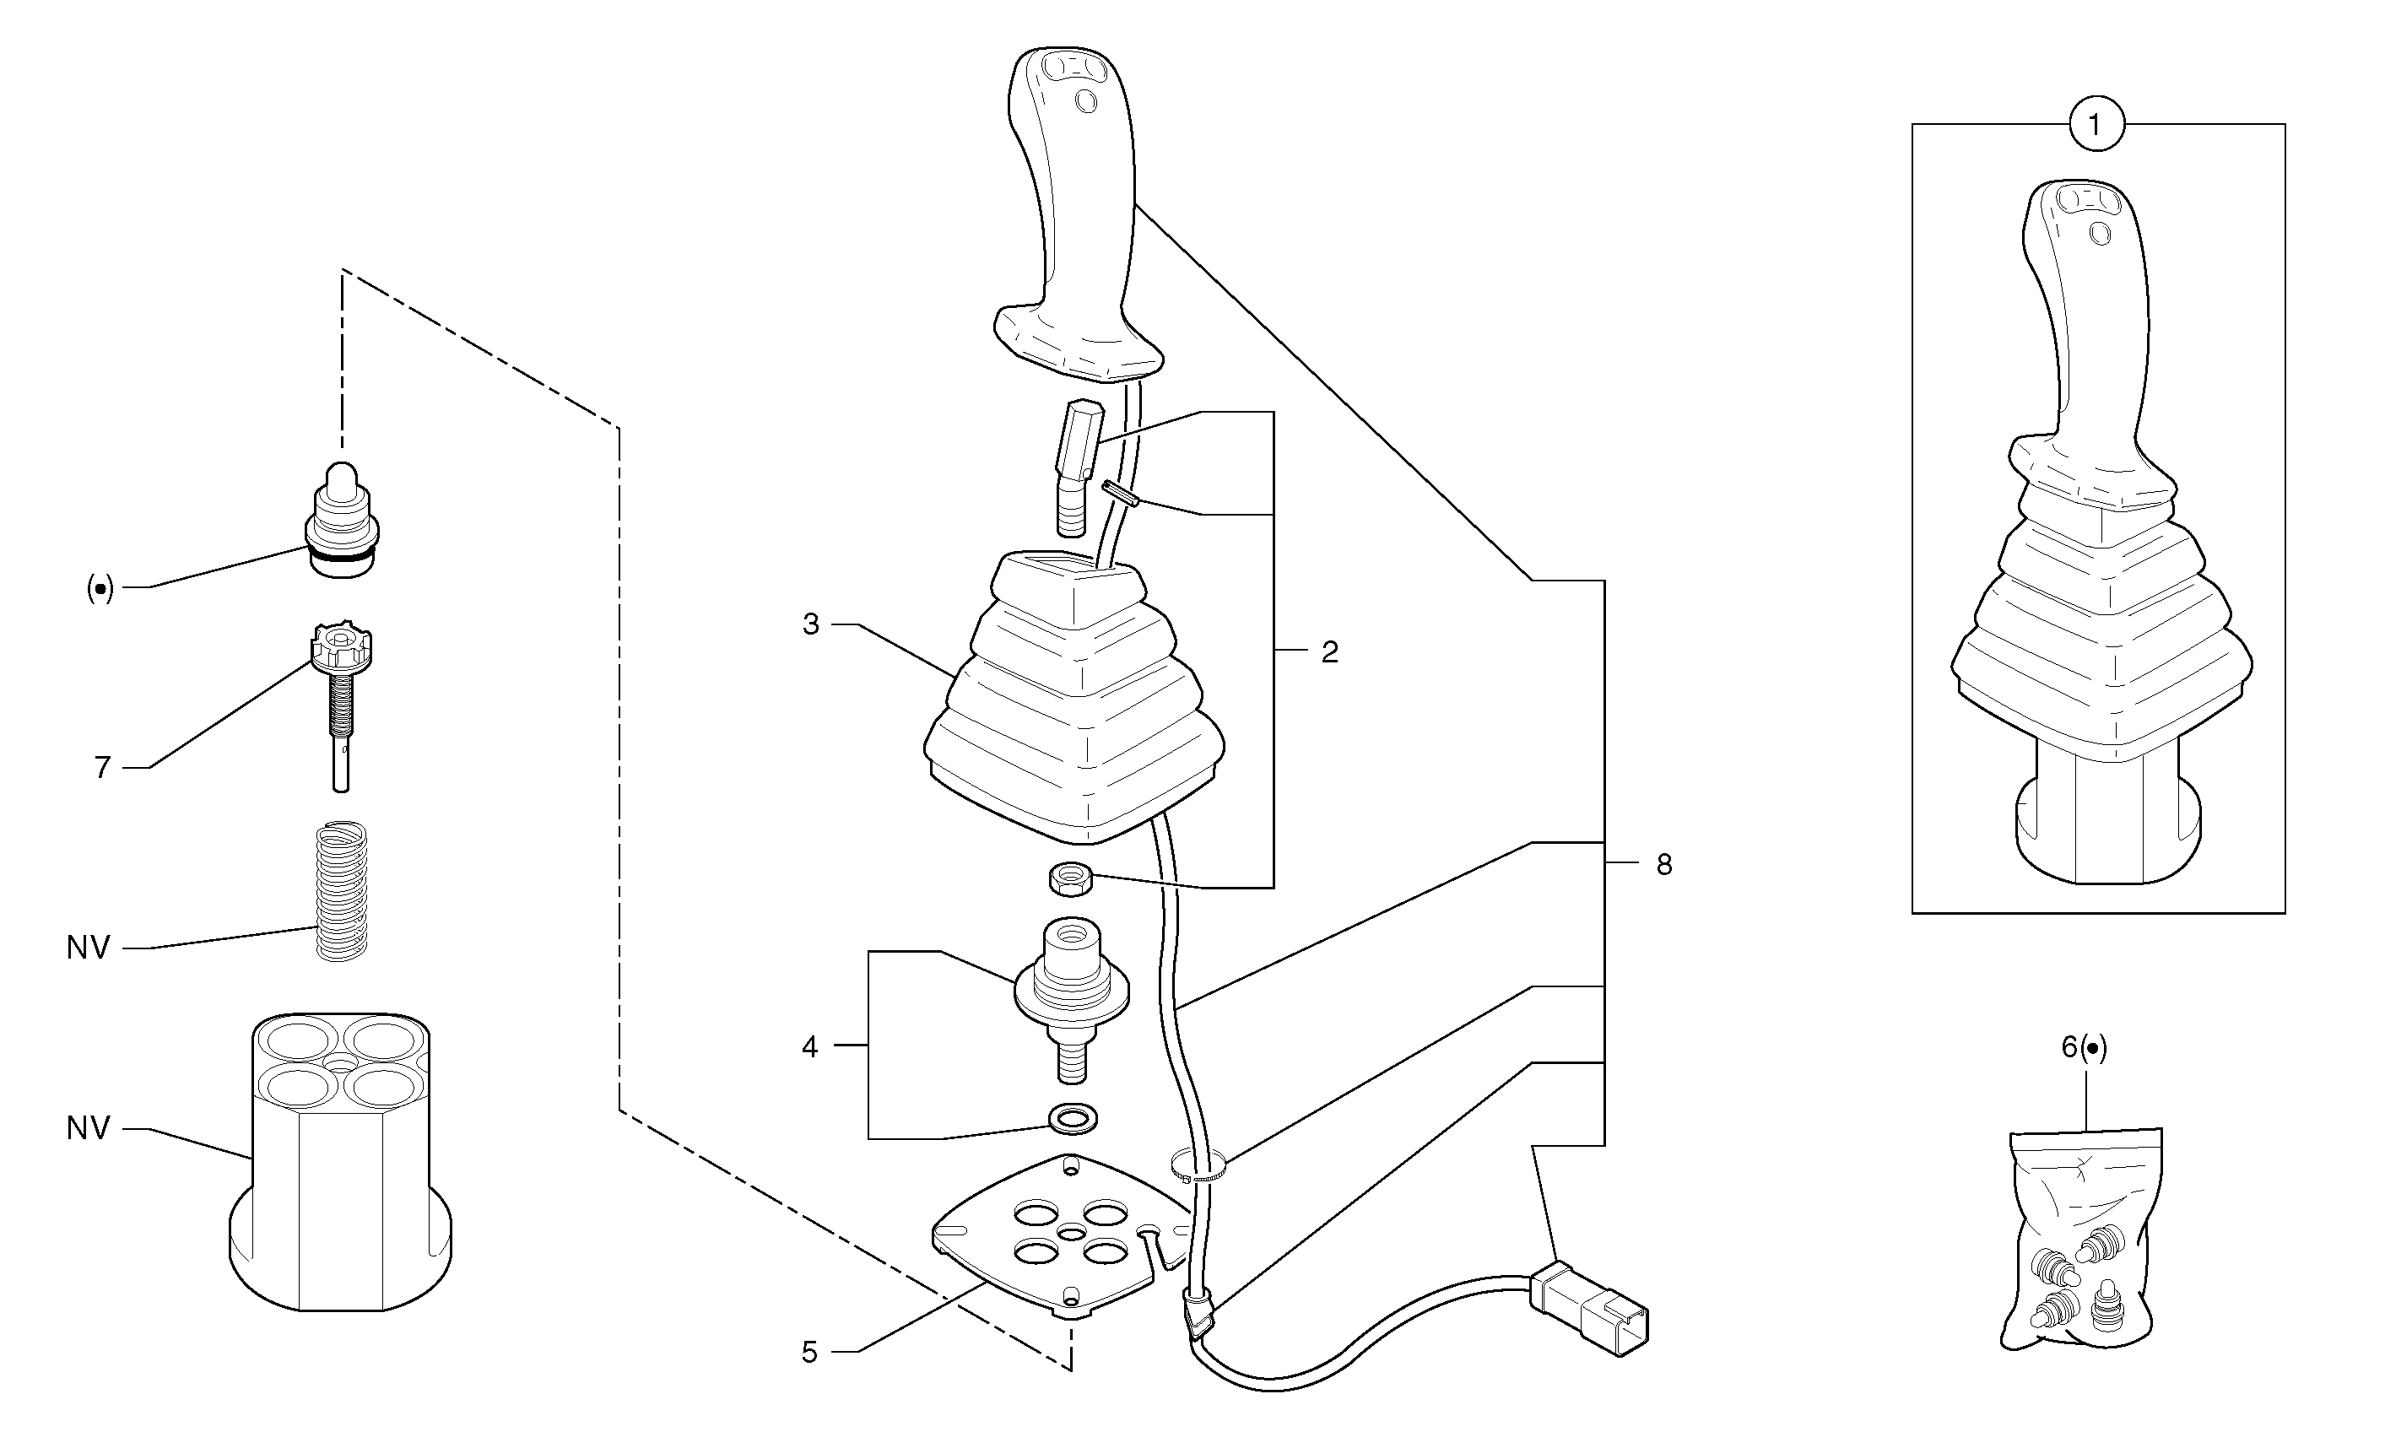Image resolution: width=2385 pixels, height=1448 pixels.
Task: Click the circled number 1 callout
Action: point(2096,125)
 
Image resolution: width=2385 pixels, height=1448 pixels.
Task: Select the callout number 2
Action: point(1330,652)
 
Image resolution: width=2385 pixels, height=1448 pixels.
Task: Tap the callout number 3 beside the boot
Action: point(811,624)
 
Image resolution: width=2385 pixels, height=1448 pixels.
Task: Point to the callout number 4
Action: point(810,1046)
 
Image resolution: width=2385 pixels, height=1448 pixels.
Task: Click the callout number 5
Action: point(810,1352)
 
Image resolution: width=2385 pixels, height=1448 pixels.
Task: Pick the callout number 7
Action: point(103,768)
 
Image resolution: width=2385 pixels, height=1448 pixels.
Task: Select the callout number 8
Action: point(1664,864)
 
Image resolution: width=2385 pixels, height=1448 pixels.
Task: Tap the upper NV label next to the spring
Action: point(88,948)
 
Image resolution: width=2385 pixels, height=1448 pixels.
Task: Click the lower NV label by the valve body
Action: point(88,1128)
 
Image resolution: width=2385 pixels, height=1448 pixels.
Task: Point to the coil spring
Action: point(343,890)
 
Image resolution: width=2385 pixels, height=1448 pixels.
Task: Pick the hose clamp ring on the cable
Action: point(1198,1165)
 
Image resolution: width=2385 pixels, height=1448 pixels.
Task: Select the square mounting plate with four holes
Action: point(1060,1238)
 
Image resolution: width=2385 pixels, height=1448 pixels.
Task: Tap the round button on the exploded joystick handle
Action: point(1086,100)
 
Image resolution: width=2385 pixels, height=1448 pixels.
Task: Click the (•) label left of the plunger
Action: point(100,587)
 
